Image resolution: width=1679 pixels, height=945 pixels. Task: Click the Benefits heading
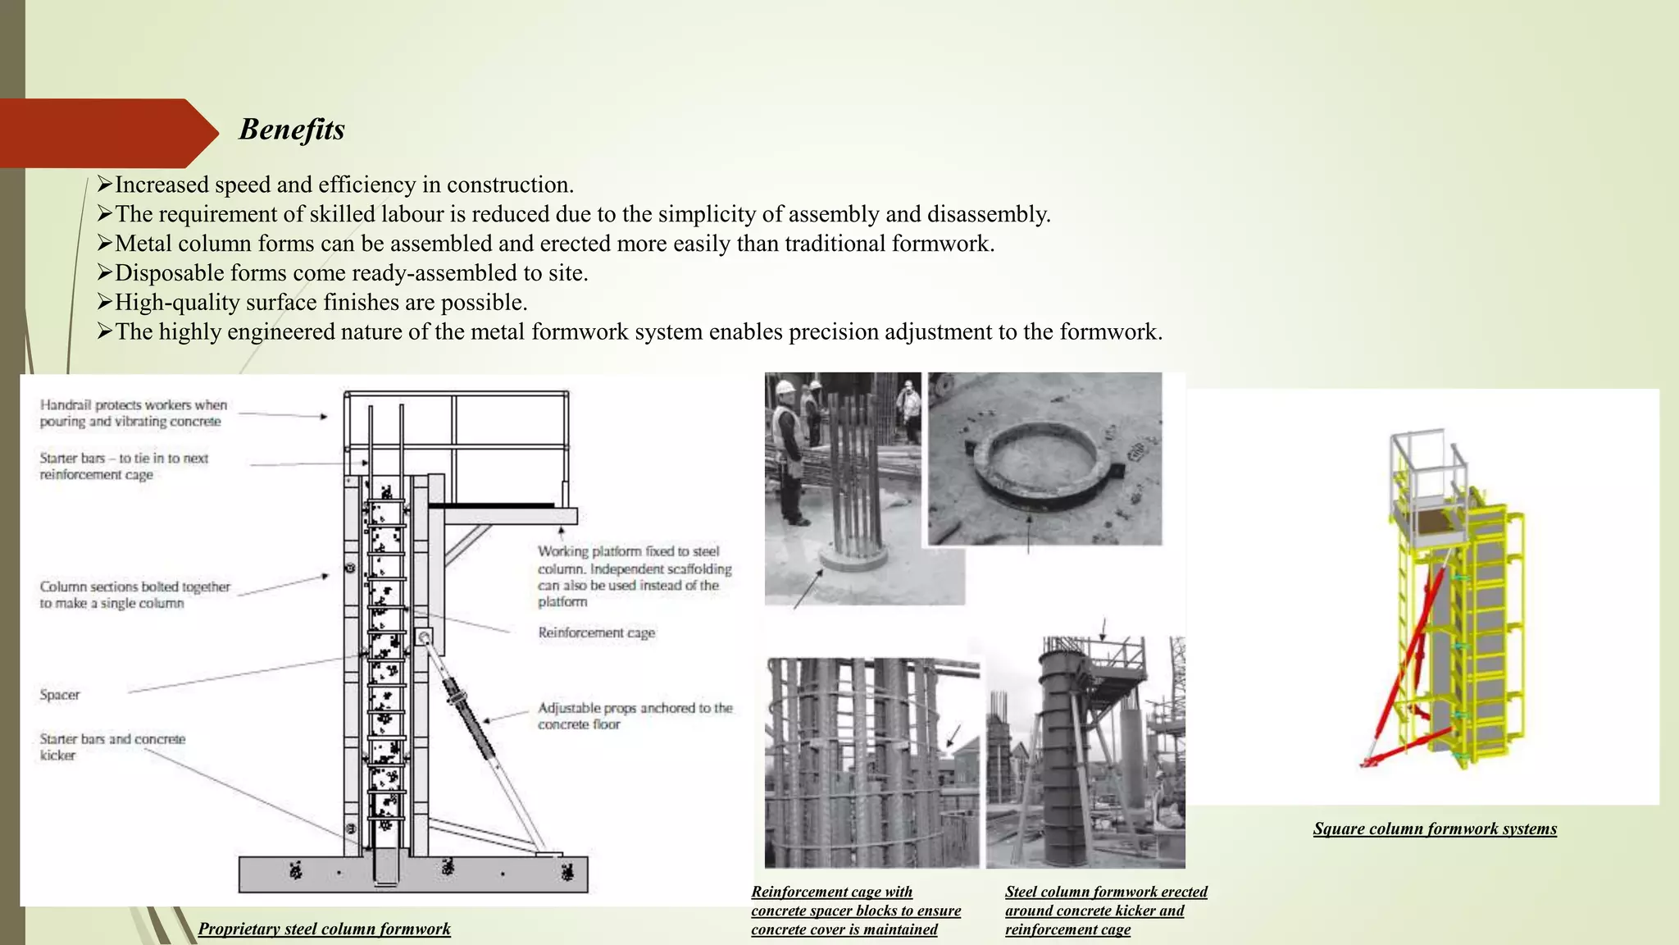pos(292,130)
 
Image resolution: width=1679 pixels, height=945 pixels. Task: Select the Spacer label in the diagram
pos(60,695)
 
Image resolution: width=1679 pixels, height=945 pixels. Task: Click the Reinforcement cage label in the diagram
pos(596,632)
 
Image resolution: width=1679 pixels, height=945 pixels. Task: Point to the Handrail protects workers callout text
pos(133,413)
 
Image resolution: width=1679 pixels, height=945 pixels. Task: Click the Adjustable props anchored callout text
pos(635,715)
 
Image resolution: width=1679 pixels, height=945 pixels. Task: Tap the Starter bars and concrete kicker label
pos(112,746)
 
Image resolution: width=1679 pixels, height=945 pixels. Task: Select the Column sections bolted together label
pos(134,595)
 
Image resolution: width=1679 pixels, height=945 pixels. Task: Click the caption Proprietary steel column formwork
pos(324,929)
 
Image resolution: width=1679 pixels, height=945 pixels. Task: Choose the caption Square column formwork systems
pos(1434,829)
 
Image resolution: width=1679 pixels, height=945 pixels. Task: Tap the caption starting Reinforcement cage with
pos(855,911)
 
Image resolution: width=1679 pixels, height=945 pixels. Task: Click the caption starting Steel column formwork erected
pos(1105,911)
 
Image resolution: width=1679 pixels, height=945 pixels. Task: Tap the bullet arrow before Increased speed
pos(104,185)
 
